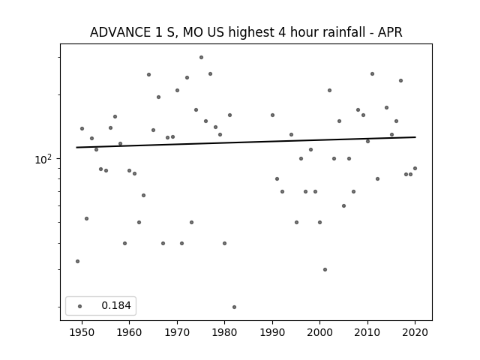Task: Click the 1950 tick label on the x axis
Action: [x=82, y=332]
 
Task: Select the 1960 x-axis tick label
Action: [x=129, y=332]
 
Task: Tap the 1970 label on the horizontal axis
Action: [x=177, y=332]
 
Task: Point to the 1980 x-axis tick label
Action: [x=224, y=332]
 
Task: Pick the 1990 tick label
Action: [x=272, y=332]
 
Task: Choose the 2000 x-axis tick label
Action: [x=320, y=332]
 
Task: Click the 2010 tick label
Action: [x=367, y=332]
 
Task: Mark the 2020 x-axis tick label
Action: [x=415, y=332]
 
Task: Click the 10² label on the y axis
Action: [x=44, y=159]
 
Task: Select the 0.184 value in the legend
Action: [x=116, y=305]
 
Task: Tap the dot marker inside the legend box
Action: [x=80, y=306]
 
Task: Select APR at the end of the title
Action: [x=390, y=32]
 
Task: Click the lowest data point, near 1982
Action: [x=234, y=307]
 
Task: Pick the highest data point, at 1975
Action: [x=201, y=57]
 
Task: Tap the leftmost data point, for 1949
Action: [x=77, y=261]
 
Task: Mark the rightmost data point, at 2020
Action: [x=415, y=168]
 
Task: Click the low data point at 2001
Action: [x=325, y=269]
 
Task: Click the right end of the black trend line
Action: [x=415, y=137]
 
